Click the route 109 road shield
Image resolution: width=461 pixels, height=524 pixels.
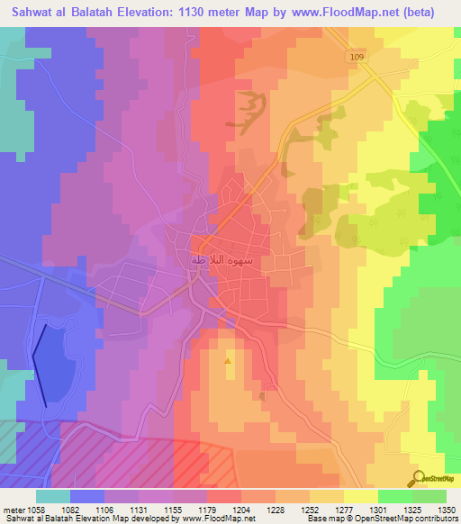pos(357,57)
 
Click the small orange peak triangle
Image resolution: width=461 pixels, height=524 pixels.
pos(228,361)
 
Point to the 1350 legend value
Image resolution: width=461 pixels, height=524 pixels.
pos(447,510)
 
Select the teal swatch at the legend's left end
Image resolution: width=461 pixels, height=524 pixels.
pos(53,496)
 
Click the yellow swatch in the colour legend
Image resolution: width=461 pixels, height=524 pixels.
pos(361,496)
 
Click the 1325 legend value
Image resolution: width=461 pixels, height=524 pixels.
pos(404,510)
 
